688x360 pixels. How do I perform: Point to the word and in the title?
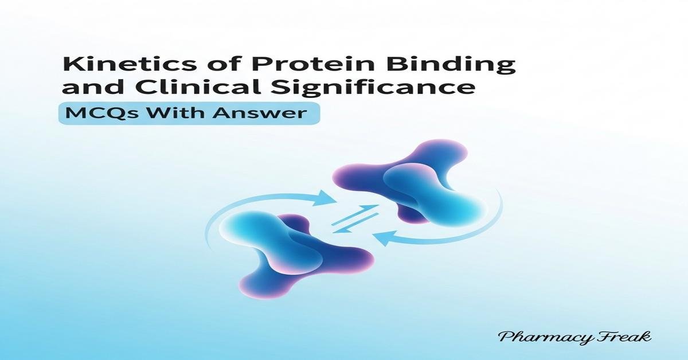pos(85,89)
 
